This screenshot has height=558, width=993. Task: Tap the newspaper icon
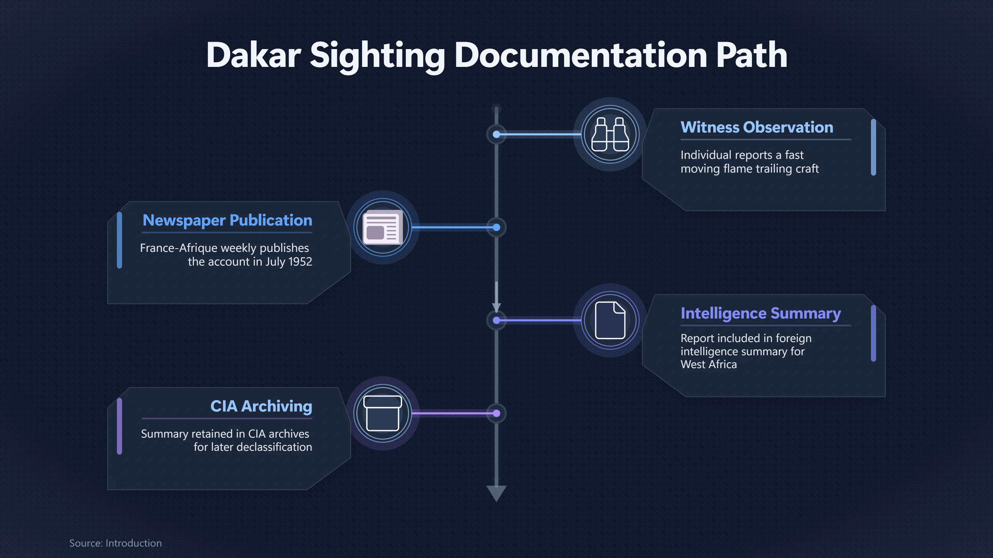(x=383, y=227)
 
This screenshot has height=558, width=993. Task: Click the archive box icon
(x=383, y=413)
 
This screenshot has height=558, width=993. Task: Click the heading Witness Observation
(x=757, y=127)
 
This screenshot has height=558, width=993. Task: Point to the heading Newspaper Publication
(x=228, y=220)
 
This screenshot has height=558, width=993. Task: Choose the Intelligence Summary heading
(x=761, y=313)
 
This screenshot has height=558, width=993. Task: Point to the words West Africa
(x=709, y=364)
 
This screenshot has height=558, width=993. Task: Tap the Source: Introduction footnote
(x=115, y=543)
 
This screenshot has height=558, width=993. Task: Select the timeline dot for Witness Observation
(x=496, y=134)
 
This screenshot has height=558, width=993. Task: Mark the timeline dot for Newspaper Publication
(x=496, y=228)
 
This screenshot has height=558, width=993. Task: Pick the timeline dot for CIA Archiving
(x=496, y=413)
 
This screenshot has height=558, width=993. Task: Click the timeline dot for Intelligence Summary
(x=496, y=320)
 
